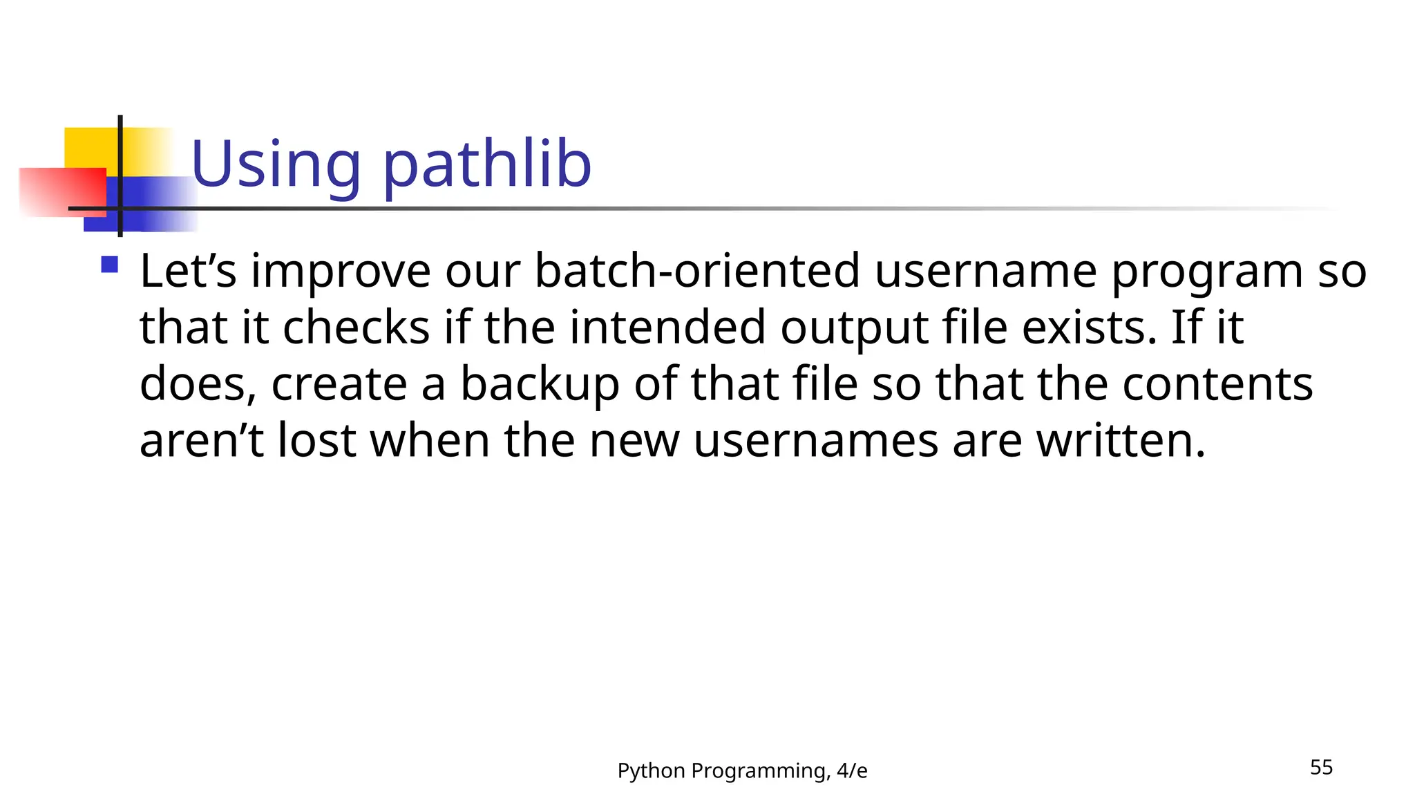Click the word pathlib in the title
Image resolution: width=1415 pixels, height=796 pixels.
487,166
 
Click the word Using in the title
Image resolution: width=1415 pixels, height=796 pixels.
276,166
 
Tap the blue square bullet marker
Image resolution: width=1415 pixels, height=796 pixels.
109,265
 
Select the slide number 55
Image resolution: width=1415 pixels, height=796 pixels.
1321,767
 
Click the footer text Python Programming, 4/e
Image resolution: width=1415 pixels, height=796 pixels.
742,770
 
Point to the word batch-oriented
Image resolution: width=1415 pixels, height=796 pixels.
697,271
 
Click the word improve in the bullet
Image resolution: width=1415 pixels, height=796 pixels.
341,271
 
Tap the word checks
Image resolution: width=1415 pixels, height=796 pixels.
357,327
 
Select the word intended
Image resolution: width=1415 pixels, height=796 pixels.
667,327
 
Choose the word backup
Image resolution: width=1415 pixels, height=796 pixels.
540,383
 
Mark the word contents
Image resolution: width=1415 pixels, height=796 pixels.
1217,383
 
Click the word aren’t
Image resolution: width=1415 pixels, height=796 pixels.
201,440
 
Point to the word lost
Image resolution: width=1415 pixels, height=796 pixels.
316,440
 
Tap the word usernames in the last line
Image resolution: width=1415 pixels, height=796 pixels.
815,440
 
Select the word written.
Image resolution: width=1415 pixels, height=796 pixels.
1121,440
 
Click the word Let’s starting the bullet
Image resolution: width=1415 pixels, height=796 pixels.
188,271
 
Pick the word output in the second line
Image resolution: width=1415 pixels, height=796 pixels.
854,327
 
